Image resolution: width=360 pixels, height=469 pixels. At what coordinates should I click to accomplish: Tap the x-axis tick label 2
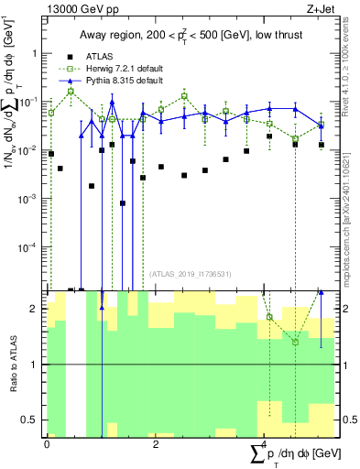coord(156,443)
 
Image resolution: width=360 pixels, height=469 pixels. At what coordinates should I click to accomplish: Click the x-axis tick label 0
coord(47,443)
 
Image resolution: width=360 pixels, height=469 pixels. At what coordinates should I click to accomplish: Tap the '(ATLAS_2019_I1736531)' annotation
coord(188,274)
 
